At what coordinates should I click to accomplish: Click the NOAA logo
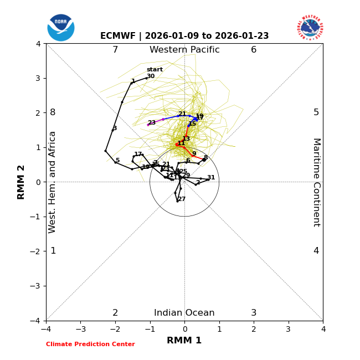61,28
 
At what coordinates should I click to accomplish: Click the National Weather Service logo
310,28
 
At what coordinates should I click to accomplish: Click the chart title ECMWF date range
184,36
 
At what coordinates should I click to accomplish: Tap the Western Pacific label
184,50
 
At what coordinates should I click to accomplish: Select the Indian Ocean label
184,313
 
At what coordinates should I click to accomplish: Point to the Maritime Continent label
316,182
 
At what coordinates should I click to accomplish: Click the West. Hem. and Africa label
53,182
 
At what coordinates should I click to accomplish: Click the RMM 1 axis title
184,341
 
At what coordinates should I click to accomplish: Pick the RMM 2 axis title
22,182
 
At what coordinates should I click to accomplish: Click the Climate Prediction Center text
90,344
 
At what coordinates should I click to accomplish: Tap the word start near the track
155,70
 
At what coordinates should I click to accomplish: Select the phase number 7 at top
115,50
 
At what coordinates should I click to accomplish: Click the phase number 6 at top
254,50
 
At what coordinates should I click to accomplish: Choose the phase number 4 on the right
316,251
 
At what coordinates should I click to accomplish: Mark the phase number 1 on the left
53,251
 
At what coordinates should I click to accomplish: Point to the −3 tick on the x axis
80,329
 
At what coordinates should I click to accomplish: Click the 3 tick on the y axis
39,78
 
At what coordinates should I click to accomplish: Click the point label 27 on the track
182,199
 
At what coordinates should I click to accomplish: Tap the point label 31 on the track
211,178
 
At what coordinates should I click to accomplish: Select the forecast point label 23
151,123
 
